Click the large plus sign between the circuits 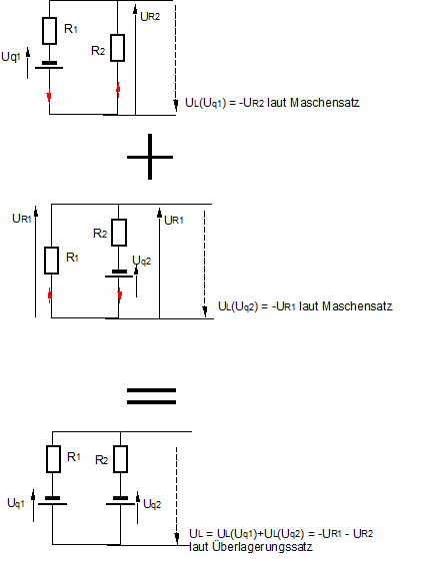pyautogui.click(x=150, y=157)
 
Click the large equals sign pyautogui.click(x=151, y=396)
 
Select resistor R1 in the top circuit pyautogui.click(x=49, y=31)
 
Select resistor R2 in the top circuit pyautogui.click(x=118, y=48)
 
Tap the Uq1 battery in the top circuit pyautogui.click(x=49, y=65)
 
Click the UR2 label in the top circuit pyautogui.click(x=150, y=16)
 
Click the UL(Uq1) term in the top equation pyautogui.click(x=205, y=103)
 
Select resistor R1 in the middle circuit pyautogui.click(x=51, y=261)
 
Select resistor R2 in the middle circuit pyautogui.click(x=119, y=233)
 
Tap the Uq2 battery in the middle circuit pyautogui.click(x=119, y=274)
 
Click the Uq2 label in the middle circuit pyautogui.click(x=142, y=261)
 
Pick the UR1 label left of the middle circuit pyautogui.click(x=22, y=219)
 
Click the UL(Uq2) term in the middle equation pyautogui.click(x=238, y=306)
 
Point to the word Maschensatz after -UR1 pyautogui.click(x=357, y=306)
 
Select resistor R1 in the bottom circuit pyautogui.click(x=53, y=459)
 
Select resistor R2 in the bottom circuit pyautogui.click(x=120, y=459)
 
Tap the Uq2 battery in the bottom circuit pyautogui.click(x=120, y=501)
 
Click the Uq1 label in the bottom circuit pyautogui.click(x=16, y=503)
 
